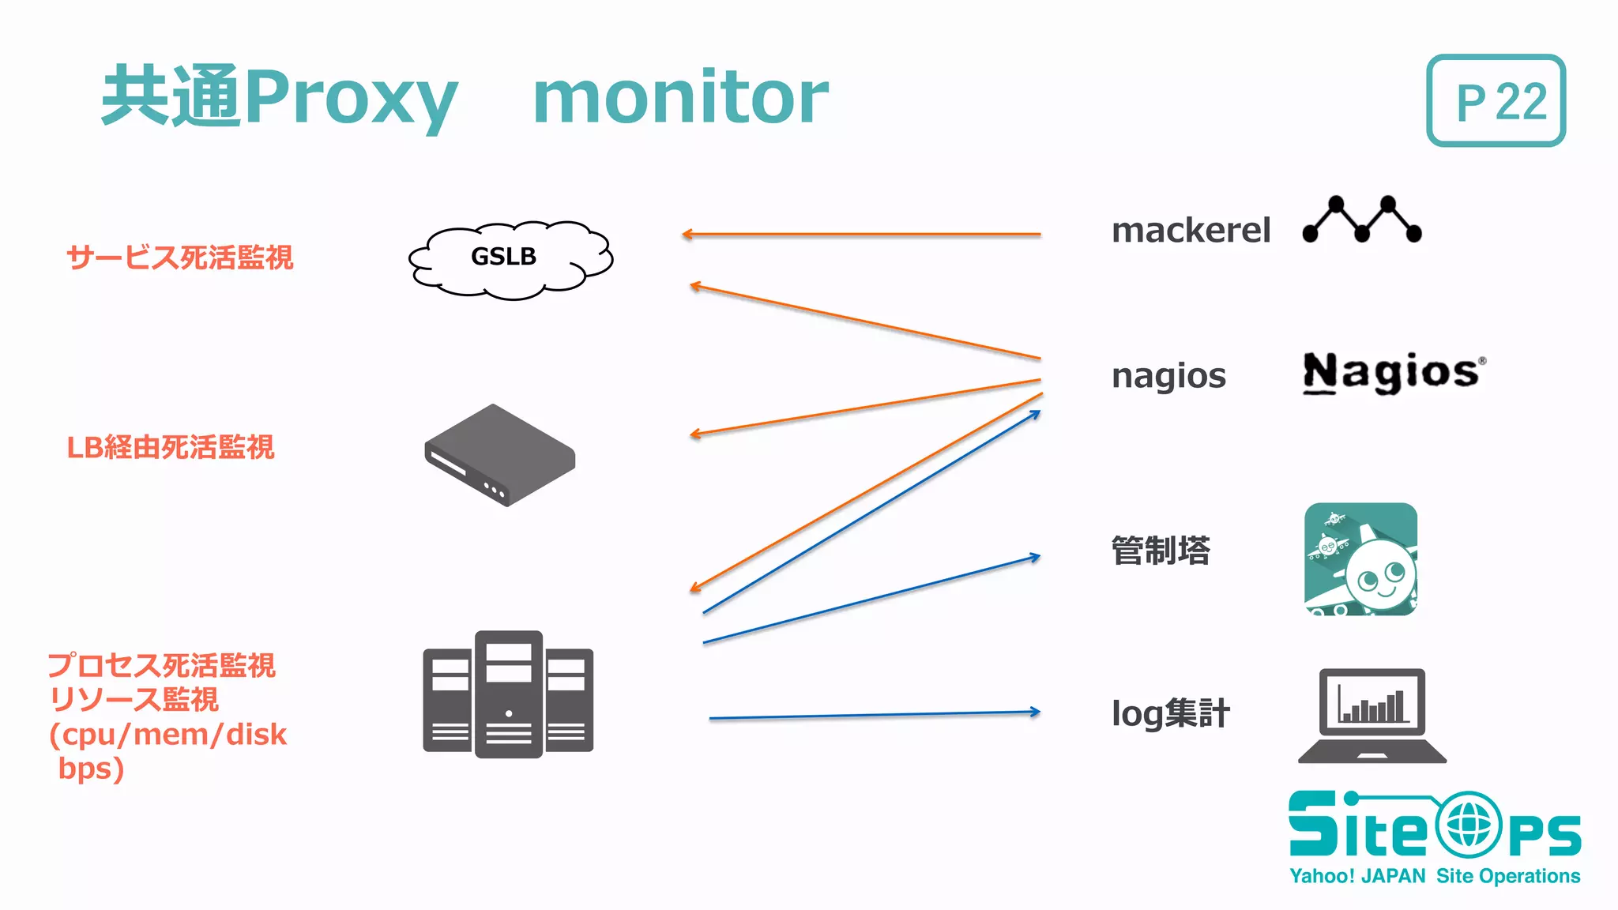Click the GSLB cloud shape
[x=510, y=259]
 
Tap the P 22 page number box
[x=1496, y=100]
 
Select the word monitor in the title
[x=680, y=97]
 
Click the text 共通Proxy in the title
[x=280, y=97]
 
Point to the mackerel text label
[x=1191, y=231]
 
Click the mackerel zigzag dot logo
[x=1361, y=219]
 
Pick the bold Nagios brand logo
[x=1393, y=372]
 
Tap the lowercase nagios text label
[x=1168, y=376]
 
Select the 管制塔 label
[x=1160, y=551]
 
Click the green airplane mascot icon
[x=1360, y=559]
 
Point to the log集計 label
[x=1170, y=713]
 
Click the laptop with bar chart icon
[x=1372, y=716]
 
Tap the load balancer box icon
[x=499, y=455]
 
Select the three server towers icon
[x=508, y=695]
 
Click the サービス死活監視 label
[x=180, y=258]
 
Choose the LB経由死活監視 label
[x=171, y=447]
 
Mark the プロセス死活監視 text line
[x=161, y=665]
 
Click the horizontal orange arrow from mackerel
[x=861, y=235]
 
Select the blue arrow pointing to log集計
[x=874, y=715]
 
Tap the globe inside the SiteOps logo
[x=1468, y=825]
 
